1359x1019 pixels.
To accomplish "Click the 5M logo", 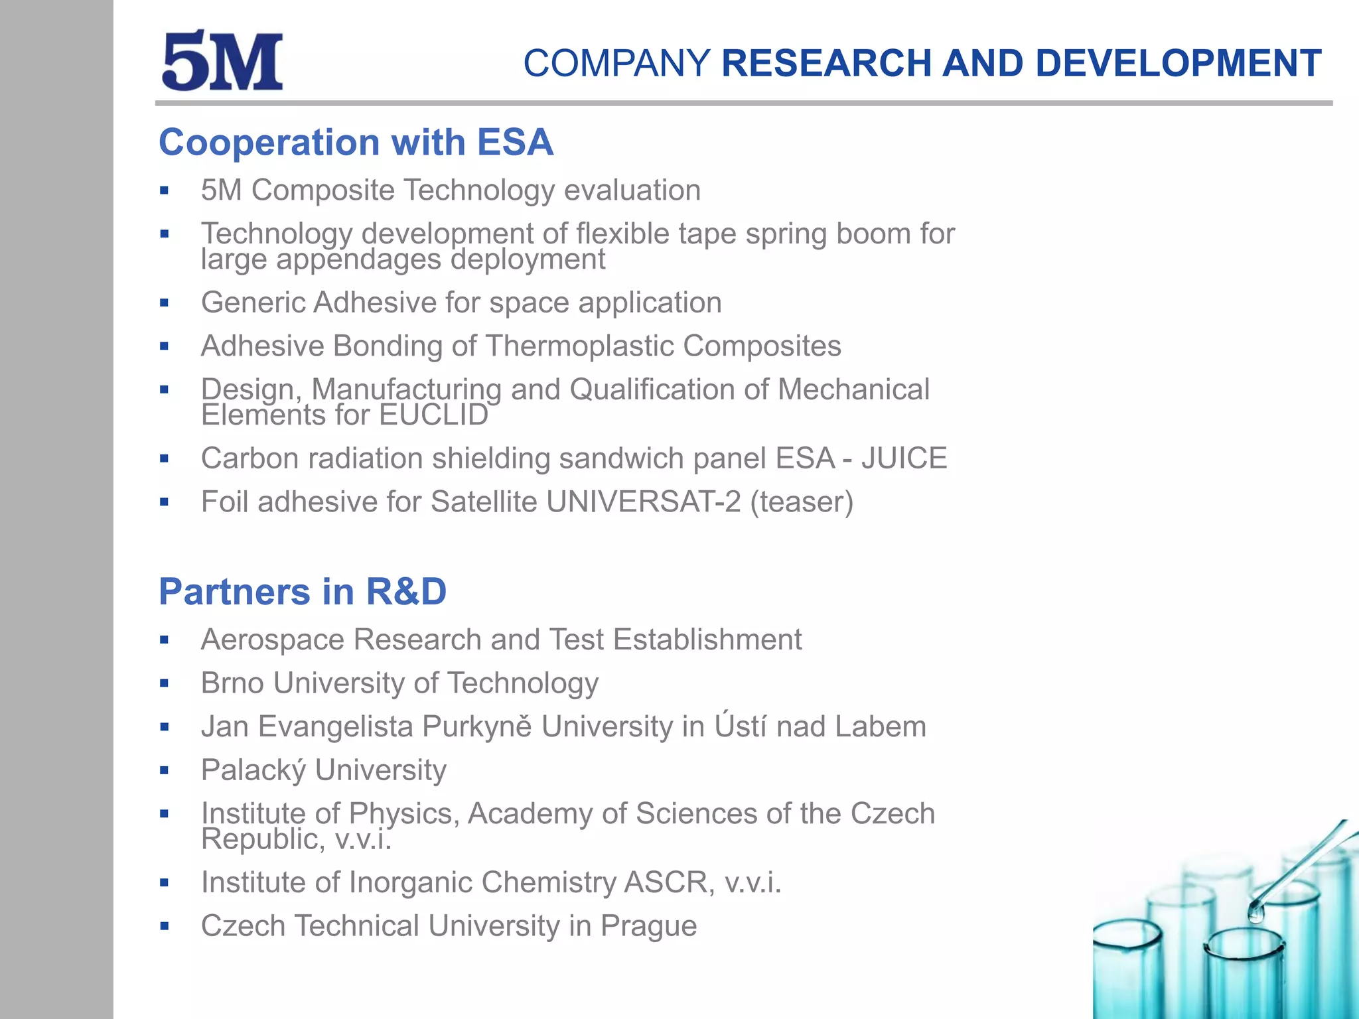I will coord(222,61).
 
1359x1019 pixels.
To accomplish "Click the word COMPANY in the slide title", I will coord(616,64).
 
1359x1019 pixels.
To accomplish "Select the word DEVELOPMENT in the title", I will coord(1178,64).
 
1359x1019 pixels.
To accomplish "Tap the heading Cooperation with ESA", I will coord(356,143).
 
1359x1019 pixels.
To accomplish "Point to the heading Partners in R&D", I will coord(303,592).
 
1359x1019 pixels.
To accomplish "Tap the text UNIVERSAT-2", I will coord(643,502).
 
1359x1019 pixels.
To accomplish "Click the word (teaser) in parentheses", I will coord(802,502).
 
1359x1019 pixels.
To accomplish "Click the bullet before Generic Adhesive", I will coord(165,303).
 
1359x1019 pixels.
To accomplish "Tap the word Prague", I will coord(648,926).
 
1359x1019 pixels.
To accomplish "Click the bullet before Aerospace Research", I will coord(165,640).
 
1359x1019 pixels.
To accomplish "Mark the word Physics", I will coord(403,814).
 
